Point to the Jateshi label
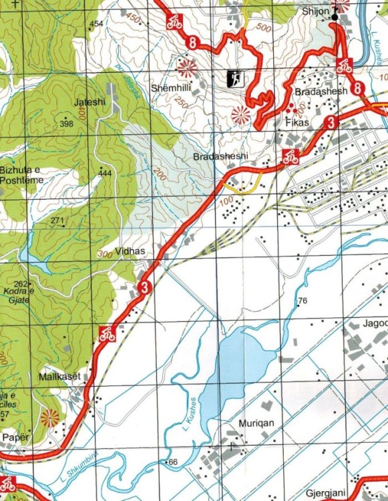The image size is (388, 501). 91,102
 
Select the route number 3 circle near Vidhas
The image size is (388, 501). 144,288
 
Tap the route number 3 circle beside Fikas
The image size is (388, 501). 331,122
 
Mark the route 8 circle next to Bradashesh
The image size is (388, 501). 358,88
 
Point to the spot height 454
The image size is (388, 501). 98,24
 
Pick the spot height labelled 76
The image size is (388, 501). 303,301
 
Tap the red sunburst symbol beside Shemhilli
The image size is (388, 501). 186,67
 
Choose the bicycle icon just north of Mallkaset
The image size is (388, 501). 106,333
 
